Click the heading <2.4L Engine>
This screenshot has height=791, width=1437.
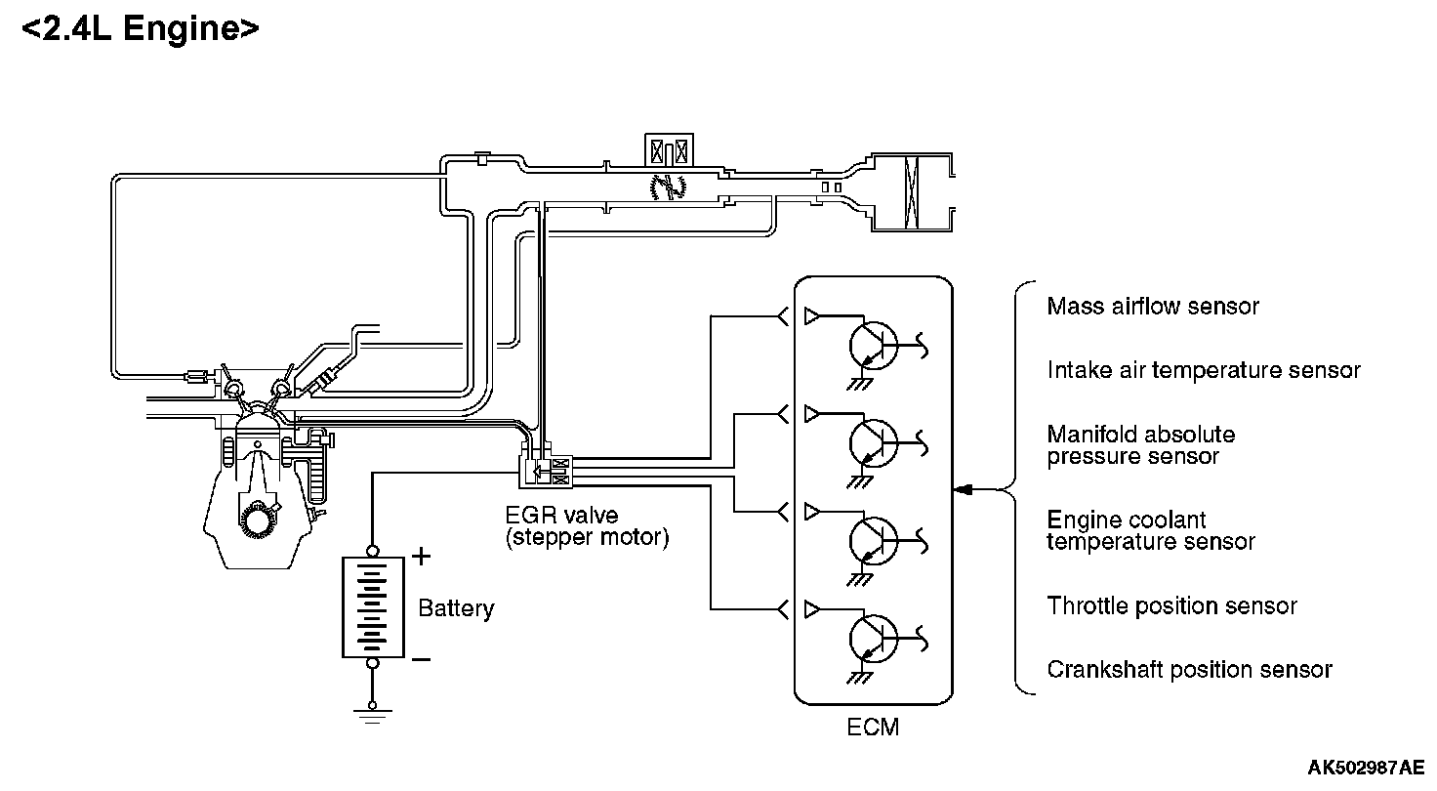point(141,29)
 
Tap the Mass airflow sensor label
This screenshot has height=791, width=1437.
point(1153,307)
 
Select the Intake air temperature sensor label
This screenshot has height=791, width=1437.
point(1204,370)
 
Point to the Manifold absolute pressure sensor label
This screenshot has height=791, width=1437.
point(1141,445)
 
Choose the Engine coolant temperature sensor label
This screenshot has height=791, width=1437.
point(1151,530)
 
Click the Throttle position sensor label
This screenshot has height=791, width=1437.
point(1172,605)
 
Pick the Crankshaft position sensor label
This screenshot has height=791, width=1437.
point(1189,670)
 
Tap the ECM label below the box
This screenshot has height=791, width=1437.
point(873,728)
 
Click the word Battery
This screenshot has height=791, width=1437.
point(456,608)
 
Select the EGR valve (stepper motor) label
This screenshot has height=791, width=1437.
point(587,526)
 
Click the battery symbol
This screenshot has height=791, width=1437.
point(373,606)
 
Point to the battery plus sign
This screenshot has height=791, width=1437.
point(421,557)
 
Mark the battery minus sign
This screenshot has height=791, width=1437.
point(421,659)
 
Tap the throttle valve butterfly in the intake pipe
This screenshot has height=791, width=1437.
point(669,187)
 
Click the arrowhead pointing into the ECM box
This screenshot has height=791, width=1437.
point(963,490)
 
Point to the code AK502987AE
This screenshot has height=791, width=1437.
point(1366,768)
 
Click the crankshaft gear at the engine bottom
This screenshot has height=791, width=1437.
point(260,519)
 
